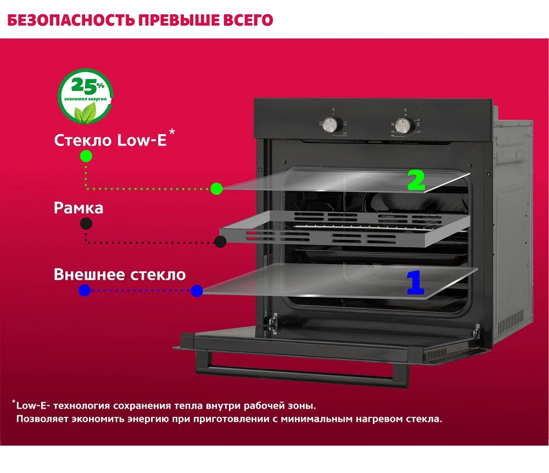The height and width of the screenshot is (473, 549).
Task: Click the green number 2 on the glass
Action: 416,180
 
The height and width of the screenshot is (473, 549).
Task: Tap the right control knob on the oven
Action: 405,125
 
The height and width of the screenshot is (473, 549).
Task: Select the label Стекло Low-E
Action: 110,140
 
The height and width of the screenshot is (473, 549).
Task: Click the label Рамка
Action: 79,208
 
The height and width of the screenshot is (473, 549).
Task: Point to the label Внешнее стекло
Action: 120,274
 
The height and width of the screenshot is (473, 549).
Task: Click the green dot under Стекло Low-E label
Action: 86,156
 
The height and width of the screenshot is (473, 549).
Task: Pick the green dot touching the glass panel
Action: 217,189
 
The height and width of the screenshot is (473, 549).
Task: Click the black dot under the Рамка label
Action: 86,224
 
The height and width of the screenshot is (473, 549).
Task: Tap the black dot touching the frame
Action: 221,242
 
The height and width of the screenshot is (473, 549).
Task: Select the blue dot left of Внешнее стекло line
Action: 85,291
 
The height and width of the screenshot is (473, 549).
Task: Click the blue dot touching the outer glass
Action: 197,291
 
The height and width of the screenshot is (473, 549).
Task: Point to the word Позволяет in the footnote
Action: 43,419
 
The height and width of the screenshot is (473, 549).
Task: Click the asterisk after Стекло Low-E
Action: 172,132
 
